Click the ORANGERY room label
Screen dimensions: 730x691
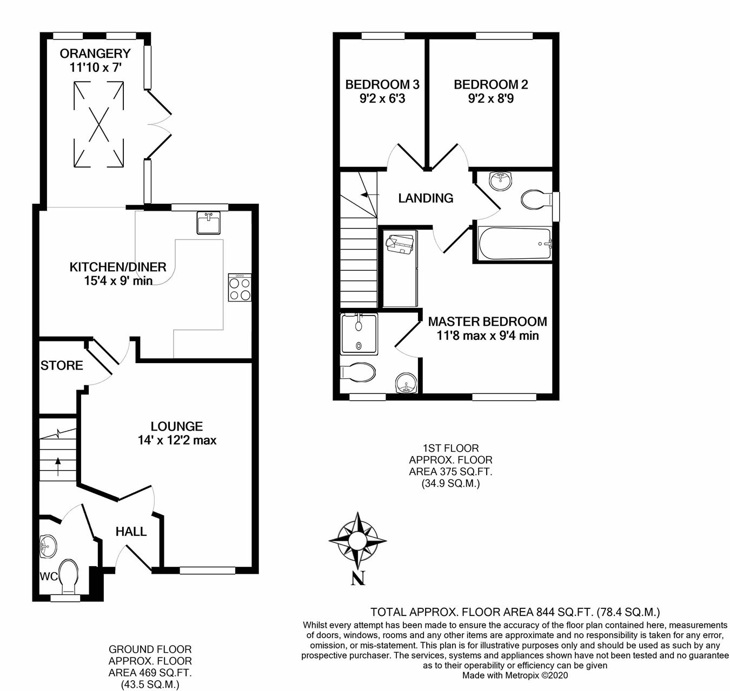point(95,53)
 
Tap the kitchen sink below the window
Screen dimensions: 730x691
point(208,223)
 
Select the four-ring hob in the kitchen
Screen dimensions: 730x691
point(240,287)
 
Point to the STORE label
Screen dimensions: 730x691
point(62,366)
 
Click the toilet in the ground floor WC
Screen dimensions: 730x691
point(69,577)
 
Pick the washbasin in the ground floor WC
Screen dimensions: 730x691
point(48,547)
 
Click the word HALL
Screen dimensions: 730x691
point(131,532)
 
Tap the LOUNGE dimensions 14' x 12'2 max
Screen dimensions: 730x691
point(177,440)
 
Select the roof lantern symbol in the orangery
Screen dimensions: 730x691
point(98,124)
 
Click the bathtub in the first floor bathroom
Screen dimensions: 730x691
point(515,244)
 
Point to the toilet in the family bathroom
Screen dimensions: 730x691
point(536,200)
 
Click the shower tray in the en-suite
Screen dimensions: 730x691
point(359,334)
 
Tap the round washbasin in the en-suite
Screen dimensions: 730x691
point(407,383)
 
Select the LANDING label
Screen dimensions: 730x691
point(426,198)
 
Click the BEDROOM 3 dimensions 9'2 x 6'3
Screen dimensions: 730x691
point(382,99)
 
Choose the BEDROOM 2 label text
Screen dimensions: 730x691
point(491,85)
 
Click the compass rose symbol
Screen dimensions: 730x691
point(357,540)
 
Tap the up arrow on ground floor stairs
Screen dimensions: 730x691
point(58,466)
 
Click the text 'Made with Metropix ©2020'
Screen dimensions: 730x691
point(515,675)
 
